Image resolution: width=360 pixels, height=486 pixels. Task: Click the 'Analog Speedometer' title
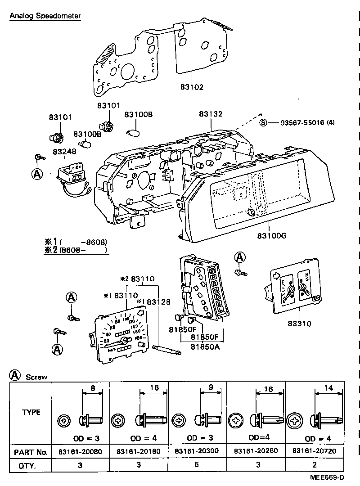click(x=45, y=16)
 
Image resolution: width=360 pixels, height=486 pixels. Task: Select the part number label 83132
click(x=211, y=115)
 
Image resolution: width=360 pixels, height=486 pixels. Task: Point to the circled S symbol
click(x=263, y=122)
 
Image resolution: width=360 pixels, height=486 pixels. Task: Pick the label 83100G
click(x=272, y=235)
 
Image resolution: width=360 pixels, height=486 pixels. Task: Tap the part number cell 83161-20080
click(x=81, y=451)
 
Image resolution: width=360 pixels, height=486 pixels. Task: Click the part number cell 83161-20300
click(x=197, y=451)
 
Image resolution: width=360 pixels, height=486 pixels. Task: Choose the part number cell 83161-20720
click(x=315, y=451)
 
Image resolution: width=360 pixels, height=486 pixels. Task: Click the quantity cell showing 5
click(x=197, y=466)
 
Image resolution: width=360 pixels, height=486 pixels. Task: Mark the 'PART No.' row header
click(x=31, y=451)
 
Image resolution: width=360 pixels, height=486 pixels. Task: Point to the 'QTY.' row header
click(x=27, y=466)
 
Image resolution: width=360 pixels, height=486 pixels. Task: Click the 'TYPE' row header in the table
click(x=31, y=412)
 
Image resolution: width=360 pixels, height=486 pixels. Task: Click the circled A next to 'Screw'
click(x=15, y=376)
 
